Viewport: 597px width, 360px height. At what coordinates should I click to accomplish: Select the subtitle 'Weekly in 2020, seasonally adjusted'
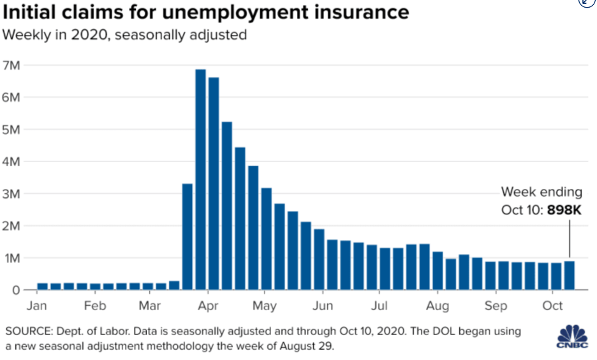124,35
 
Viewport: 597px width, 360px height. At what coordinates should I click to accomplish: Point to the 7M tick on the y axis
12,65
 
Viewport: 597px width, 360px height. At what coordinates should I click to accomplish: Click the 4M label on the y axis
12,161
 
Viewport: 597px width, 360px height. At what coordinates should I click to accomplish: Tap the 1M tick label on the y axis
12,258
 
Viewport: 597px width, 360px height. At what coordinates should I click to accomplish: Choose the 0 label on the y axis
16,290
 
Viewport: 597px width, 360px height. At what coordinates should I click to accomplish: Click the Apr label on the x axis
207,306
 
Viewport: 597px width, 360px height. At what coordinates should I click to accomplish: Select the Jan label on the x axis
37,306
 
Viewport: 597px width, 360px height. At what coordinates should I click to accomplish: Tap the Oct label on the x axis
552,306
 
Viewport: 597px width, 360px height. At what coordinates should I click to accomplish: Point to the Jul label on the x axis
381,306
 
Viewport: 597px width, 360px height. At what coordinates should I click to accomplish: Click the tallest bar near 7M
200,179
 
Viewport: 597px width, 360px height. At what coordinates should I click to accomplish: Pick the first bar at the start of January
42,287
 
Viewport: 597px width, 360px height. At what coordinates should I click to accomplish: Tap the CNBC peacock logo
573,335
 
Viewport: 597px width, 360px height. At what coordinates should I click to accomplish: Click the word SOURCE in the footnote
26,331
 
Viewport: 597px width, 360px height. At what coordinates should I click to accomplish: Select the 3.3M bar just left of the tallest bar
188,237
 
